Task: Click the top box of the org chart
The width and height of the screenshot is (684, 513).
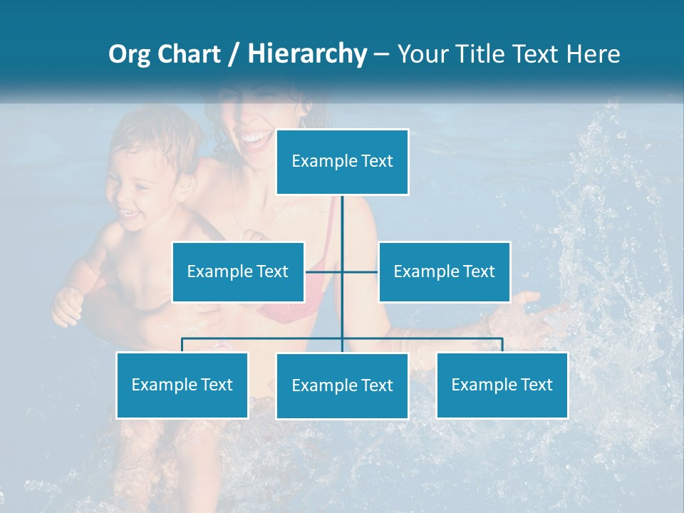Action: [342, 162]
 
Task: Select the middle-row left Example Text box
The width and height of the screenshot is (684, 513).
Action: [238, 271]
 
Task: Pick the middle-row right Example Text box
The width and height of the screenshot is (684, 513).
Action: [444, 271]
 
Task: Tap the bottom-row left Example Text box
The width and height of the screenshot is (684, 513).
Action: [182, 385]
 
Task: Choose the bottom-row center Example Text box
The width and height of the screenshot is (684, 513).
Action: [342, 385]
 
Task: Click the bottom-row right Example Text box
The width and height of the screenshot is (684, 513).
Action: [502, 385]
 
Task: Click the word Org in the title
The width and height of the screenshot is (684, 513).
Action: [129, 54]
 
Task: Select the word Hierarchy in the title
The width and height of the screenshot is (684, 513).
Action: [306, 54]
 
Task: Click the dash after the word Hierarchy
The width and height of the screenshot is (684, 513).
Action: [381, 55]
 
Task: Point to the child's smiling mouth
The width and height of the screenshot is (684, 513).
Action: [129, 212]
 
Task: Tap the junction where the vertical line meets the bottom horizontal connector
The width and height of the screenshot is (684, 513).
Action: [342, 338]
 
